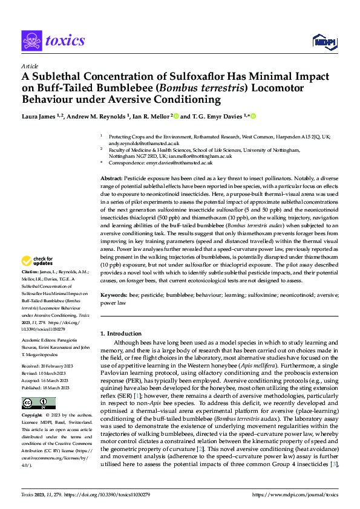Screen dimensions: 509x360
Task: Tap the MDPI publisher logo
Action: coord(324,41)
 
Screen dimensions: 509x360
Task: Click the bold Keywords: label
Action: coord(113,294)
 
